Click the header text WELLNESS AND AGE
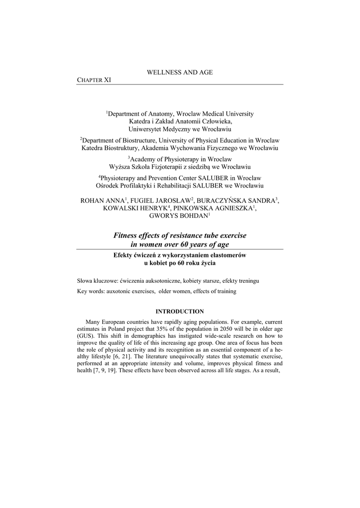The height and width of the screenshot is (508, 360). coord(179,72)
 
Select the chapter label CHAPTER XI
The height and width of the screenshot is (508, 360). coord(94,80)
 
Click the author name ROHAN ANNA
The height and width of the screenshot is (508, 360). coord(102,200)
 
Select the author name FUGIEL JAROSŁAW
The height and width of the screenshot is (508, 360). coord(153,200)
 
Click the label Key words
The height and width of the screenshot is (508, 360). coord(90,291)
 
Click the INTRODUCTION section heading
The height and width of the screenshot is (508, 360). coord(180,312)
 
